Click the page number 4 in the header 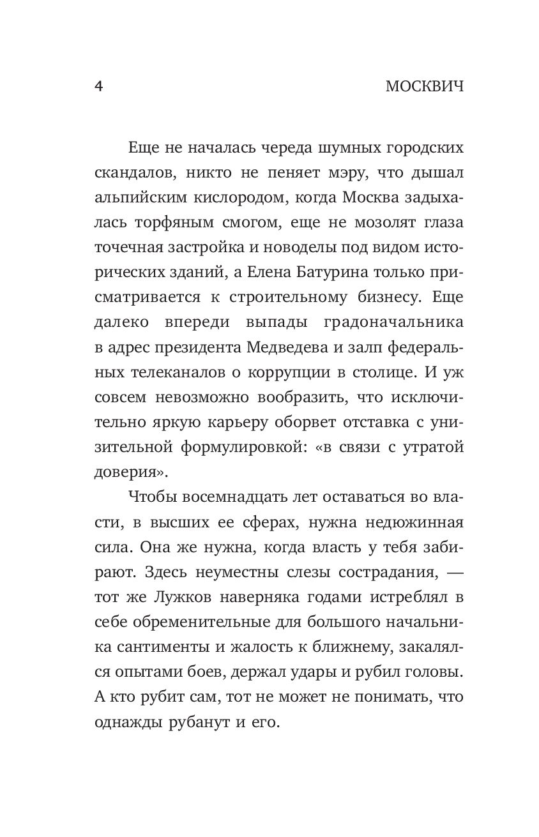tap(98, 87)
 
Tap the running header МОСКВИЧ tap(425, 87)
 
